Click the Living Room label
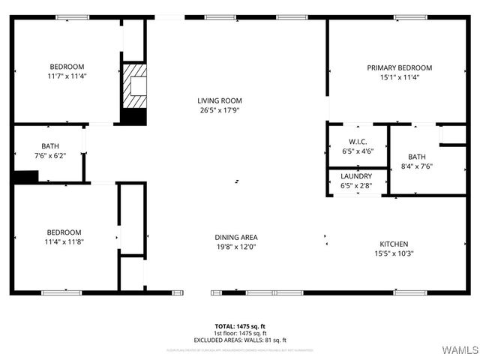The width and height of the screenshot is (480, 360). click(220, 100)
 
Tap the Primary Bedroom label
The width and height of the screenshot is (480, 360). click(399, 67)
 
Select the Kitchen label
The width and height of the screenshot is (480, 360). click(394, 244)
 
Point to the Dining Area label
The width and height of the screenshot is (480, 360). click(236, 237)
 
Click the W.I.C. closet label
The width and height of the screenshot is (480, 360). click(357, 142)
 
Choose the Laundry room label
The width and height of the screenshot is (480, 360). click(356, 175)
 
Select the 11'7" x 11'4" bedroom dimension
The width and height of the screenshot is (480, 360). click(67, 76)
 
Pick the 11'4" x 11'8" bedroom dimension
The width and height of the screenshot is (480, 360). click(64, 242)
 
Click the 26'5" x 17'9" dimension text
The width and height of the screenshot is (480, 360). click(220, 110)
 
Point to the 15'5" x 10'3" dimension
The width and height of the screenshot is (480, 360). click(394, 253)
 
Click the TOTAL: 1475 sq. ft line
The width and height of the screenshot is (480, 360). click(240, 327)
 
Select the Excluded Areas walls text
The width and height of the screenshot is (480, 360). click(240, 340)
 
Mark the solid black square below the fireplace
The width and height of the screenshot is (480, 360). click(133, 117)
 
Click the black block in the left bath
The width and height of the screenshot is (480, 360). click(25, 177)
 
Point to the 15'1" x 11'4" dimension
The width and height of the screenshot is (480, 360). click(399, 76)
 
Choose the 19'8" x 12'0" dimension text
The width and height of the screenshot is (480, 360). click(236, 247)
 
